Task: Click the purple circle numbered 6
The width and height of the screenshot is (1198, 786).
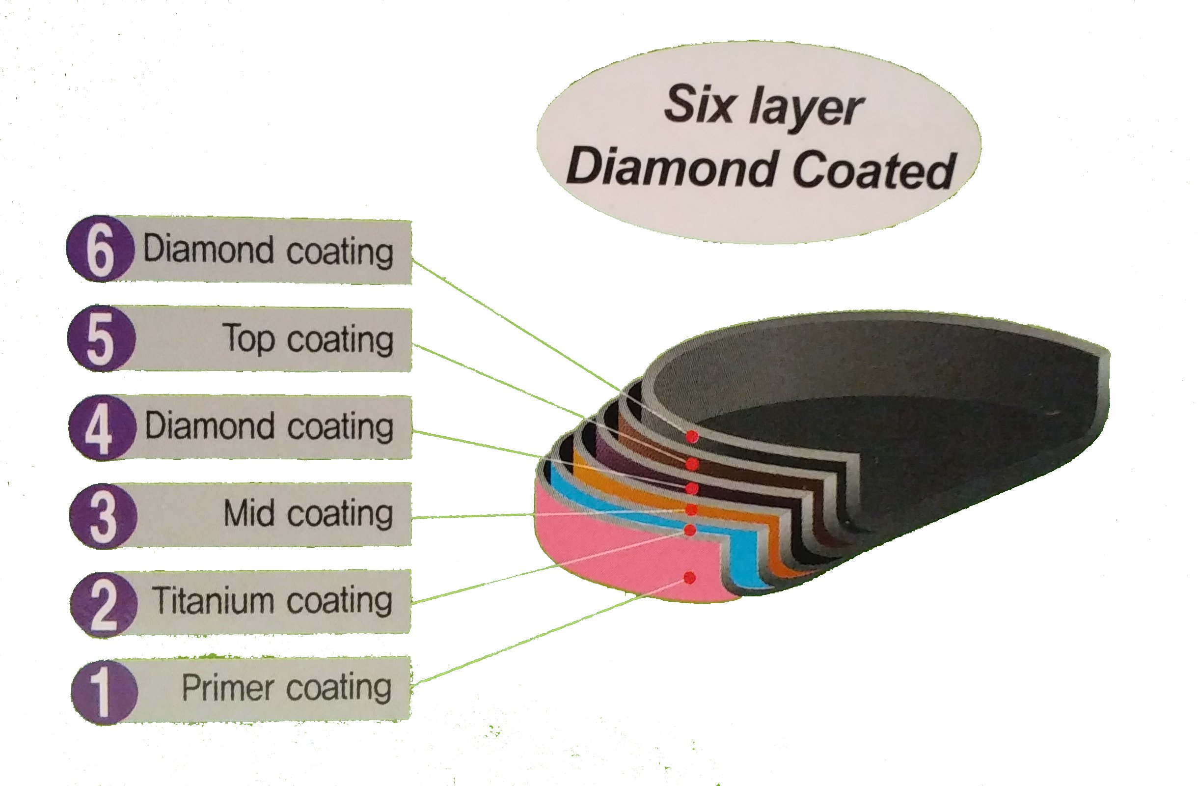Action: click(x=100, y=249)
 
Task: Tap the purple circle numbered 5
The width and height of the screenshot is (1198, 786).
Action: click(x=101, y=338)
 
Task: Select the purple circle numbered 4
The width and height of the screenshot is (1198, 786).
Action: click(x=102, y=427)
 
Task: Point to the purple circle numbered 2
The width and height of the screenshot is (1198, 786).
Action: click(x=104, y=604)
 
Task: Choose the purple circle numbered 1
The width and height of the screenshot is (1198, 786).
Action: click(x=104, y=692)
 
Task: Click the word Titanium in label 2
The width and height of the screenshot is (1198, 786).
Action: click(x=212, y=600)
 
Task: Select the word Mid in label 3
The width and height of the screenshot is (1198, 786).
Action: click(x=249, y=513)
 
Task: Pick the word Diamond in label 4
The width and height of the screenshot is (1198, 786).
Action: click(x=209, y=425)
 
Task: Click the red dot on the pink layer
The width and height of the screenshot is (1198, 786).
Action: click(x=690, y=578)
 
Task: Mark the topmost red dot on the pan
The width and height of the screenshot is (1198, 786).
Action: click(x=693, y=436)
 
